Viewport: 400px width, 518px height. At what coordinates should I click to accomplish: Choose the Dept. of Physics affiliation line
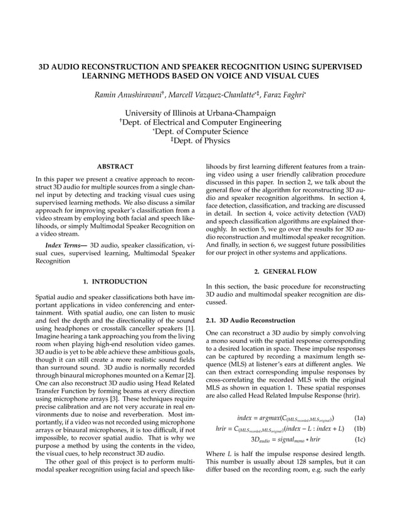200,141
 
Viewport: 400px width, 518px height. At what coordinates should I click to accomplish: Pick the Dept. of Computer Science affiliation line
200,132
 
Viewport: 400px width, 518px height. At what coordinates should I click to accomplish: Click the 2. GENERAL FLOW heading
285,272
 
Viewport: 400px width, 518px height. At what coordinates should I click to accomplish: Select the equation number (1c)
360,440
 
